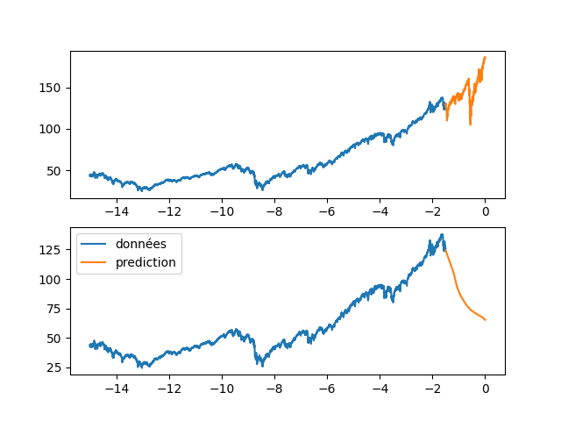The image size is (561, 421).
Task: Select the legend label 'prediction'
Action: click(x=146, y=262)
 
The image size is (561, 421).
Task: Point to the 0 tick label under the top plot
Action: click(x=485, y=212)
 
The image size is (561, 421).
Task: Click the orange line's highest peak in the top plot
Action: click(x=485, y=58)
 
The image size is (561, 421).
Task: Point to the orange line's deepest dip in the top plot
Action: click(x=470, y=125)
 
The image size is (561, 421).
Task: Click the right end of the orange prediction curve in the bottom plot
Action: click(x=485, y=320)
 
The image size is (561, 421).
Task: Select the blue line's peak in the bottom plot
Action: click(x=442, y=234)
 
